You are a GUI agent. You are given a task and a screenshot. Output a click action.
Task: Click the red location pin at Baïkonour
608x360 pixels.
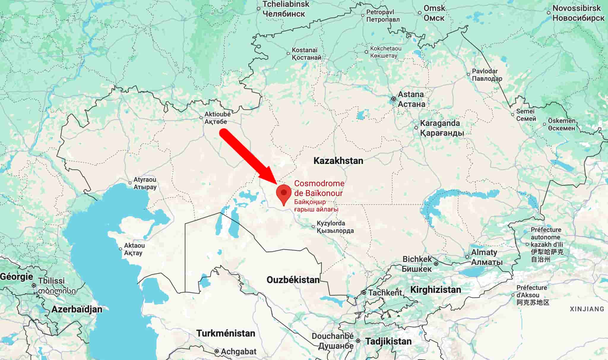pos(284,193)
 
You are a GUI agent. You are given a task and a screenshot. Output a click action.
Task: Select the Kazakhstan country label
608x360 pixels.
pos(338,161)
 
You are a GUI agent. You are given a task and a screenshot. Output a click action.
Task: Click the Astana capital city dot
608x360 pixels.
pos(394,99)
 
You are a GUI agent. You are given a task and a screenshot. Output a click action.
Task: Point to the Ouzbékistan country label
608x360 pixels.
pos(293,280)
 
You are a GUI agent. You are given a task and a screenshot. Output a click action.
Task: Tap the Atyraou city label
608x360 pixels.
pos(145,183)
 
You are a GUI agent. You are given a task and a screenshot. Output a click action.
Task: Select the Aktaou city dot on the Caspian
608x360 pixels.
pos(121,249)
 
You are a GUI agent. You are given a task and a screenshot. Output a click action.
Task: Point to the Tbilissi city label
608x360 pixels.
pos(51,281)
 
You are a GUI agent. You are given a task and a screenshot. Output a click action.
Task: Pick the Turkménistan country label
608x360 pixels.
pos(226,333)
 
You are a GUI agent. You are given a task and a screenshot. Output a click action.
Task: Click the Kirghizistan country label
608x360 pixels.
pos(436,290)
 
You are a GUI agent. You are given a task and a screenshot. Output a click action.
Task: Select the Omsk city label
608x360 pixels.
pos(434,13)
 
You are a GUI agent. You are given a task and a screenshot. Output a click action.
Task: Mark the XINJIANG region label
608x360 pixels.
pos(587,309)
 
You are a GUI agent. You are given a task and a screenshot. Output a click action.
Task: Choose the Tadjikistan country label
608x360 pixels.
pos(388,341)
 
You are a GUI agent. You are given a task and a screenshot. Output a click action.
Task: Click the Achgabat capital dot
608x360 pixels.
pos(217,351)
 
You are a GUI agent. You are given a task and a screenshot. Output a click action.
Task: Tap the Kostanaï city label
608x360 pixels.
pos(306,54)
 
